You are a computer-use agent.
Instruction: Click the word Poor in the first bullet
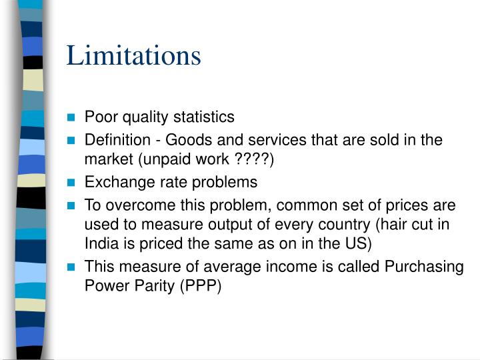click(x=99, y=117)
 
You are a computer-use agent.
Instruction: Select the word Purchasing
click(x=424, y=267)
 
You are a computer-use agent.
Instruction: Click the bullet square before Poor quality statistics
click(x=73, y=118)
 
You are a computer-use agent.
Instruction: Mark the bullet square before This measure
click(x=73, y=267)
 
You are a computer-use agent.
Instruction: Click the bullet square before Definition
click(x=73, y=141)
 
